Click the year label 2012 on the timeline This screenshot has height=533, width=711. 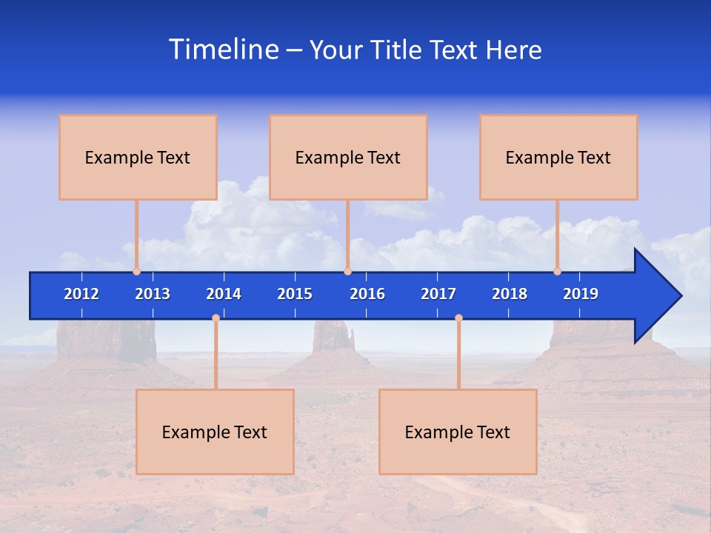(81, 294)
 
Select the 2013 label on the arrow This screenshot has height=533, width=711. (153, 294)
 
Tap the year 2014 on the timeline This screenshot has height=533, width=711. (224, 294)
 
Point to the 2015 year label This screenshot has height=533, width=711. (295, 294)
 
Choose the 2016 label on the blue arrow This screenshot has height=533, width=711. (367, 294)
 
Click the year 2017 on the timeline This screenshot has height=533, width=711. (438, 294)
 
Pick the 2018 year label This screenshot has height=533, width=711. (510, 294)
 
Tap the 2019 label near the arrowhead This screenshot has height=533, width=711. (581, 294)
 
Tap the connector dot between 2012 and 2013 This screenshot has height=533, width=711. (136, 271)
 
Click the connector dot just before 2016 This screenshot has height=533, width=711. (347, 271)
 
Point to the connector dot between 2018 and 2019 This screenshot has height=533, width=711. (557, 271)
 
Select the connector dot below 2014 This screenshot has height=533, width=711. (216, 318)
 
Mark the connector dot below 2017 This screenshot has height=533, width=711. (458, 318)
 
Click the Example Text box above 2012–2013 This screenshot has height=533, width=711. (138, 157)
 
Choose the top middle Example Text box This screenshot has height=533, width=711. (348, 157)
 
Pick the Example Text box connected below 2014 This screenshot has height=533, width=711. (215, 432)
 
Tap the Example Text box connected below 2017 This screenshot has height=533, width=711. (458, 432)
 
